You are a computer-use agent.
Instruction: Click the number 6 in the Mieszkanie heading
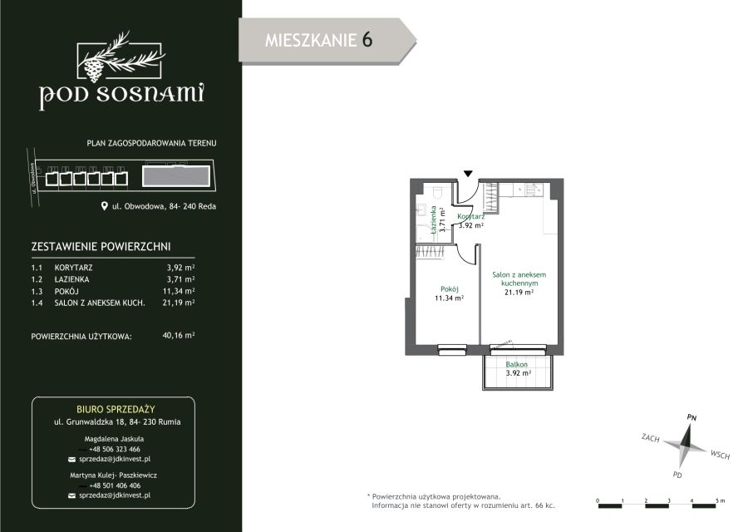click(x=367, y=39)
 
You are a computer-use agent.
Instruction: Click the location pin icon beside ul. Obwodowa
click(x=104, y=206)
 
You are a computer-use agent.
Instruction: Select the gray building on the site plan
click(x=176, y=176)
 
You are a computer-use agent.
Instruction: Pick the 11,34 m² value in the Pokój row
click(x=179, y=291)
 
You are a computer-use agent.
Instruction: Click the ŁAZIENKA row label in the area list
click(x=71, y=279)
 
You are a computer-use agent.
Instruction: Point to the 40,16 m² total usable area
click(x=179, y=335)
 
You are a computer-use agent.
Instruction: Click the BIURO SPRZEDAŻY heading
click(x=116, y=410)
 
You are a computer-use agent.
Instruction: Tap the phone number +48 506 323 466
click(x=115, y=450)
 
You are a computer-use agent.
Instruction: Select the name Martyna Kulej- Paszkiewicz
click(x=113, y=475)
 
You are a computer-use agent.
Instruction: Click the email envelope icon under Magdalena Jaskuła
click(x=72, y=460)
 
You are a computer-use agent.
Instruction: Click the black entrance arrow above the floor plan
click(x=468, y=174)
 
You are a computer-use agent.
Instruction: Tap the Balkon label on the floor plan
click(x=517, y=364)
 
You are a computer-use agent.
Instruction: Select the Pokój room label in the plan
click(x=450, y=289)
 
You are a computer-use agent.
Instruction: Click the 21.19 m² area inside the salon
click(x=519, y=292)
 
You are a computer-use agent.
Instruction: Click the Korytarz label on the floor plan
click(x=470, y=217)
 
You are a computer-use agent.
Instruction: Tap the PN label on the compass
click(x=691, y=418)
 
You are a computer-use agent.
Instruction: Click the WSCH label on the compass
click(x=720, y=454)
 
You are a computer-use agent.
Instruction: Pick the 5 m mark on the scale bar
click(x=721, y=500)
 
